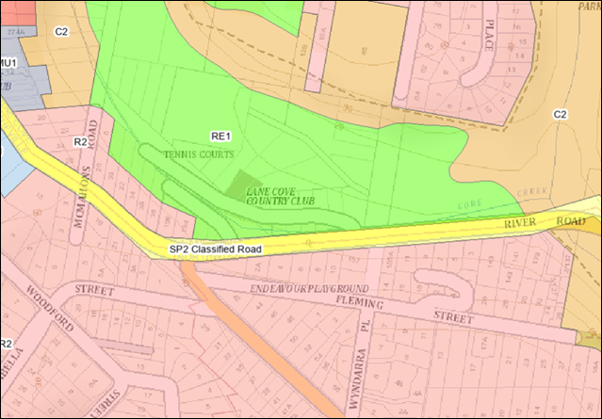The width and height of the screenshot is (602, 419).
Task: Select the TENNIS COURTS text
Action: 199,153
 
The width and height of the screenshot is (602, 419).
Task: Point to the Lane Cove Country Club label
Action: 279,195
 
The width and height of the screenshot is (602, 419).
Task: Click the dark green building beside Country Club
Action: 248,183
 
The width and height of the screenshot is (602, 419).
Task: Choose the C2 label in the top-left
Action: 62,32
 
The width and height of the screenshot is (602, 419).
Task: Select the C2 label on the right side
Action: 560,114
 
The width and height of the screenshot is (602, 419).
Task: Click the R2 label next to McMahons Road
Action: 81,141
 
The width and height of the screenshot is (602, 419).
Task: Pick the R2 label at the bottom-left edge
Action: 6,344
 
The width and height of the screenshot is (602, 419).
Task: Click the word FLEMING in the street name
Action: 362,304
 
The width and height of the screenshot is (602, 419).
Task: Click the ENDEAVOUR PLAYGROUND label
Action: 310,286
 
